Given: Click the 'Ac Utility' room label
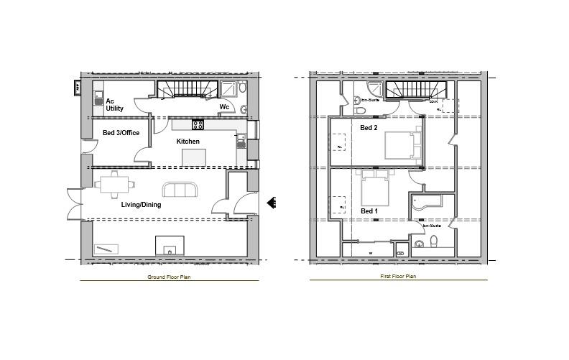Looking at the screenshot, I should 114,105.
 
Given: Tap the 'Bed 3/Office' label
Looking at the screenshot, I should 121,133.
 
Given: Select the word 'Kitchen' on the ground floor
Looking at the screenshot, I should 188,141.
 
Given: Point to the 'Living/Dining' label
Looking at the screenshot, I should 141,205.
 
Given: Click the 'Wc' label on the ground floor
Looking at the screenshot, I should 224,107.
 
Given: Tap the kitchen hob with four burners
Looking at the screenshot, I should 198,125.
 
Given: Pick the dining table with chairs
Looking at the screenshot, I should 116,185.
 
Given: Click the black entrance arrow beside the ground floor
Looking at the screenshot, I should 272,203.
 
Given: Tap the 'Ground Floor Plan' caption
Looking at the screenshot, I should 169,277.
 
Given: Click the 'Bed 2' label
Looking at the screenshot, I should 369,128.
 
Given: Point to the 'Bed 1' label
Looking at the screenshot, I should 369,211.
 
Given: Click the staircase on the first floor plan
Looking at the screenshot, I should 416,89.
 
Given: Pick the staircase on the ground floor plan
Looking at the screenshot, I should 187,89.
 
